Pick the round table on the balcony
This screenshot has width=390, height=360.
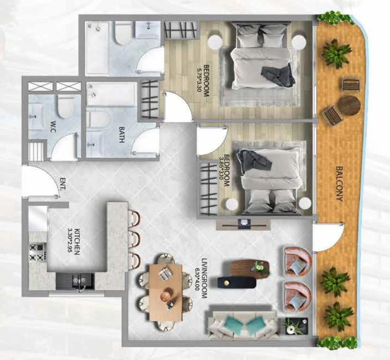click(349, 105)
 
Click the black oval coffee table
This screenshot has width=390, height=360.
click(237, 282)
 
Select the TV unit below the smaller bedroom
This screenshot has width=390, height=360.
click(244, 224)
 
